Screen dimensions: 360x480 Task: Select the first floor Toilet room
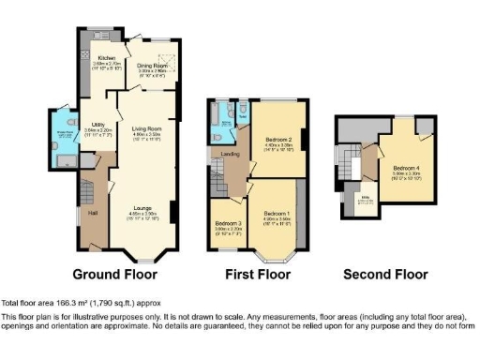[244, 116]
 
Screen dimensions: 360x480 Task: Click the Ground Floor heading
[114, 275]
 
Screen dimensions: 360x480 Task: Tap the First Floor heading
[257, 275]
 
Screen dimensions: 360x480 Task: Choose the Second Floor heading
[385, 275]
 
